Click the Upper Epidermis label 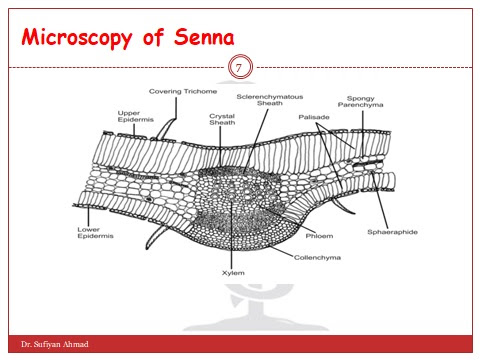click(x=134, y=116)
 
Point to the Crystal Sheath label click(x=222, y=120)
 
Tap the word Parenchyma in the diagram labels click(x=360, y=106)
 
